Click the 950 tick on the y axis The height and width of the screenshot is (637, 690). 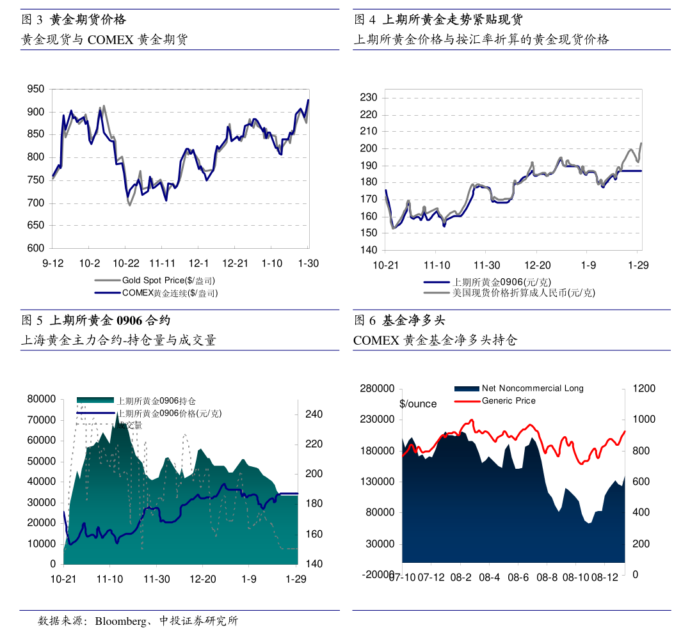tap(36, 90)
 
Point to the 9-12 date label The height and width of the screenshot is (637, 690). tap(53, 263)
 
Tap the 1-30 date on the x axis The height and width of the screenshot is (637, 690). tap(309, 263)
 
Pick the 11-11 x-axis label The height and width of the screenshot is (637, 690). tap(163, 263)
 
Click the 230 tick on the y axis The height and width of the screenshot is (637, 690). tap(370, 98)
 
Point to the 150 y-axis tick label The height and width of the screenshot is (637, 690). tap(370, 233)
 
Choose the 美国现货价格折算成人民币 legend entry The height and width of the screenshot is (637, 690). tap(524, 293)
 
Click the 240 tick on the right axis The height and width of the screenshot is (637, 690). tap(314, 414)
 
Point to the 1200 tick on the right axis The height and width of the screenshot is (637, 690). tap(644, 388)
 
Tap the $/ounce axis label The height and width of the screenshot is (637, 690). tap(418, 404)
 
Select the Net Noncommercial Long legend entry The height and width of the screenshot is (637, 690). tap(533, 388)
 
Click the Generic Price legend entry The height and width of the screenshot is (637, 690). tap(508, 401)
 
